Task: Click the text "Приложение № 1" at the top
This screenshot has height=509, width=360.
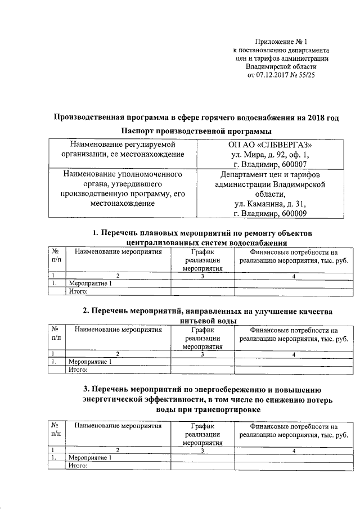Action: tap(282, 41)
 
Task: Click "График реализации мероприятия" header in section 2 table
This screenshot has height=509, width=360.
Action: tap(203, 339)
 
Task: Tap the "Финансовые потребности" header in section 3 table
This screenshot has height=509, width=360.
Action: tap(293, 430)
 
